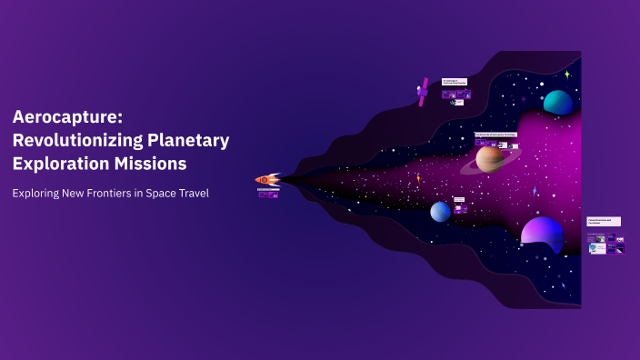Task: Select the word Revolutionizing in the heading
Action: tap(76, 141)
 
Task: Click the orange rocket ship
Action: tap(267, 179)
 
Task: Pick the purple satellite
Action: tap(423, 92)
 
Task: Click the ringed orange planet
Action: tap(490, 159)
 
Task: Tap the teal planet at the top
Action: tap(557, 102)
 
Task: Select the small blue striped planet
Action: tap(440, 211)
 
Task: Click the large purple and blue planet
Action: tap(542, 232)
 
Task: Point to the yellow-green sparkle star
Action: tap(566, 74)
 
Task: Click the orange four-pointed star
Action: tap(418, 178)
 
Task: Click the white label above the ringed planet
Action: tap(495, 134)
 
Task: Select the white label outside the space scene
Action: tap(604, 221)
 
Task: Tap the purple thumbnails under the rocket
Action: tap(267, 194)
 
